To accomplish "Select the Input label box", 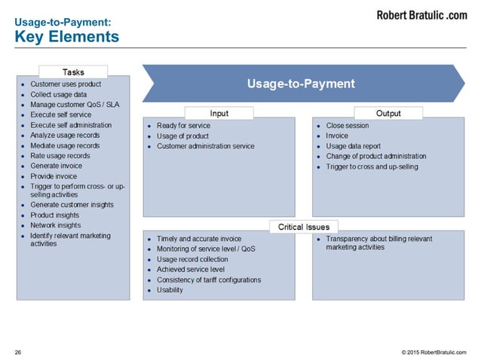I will (x=219, y=114).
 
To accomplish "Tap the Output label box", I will (x=388, y=114).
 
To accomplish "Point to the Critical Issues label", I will (x=304, y=227).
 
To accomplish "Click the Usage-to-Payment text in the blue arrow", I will (x=301, y=84).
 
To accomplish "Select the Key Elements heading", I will (x=67, y=36).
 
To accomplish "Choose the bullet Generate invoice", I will (x=57, y=166).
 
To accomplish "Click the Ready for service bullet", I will (x=183, y=126).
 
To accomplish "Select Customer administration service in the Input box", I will (x=205, y=146).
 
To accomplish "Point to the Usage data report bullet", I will (x=353, y=146).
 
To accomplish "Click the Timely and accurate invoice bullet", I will (x=198, y=239).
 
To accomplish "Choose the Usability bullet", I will (x=170, y=291).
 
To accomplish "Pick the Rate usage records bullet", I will (x=60, y=156).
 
